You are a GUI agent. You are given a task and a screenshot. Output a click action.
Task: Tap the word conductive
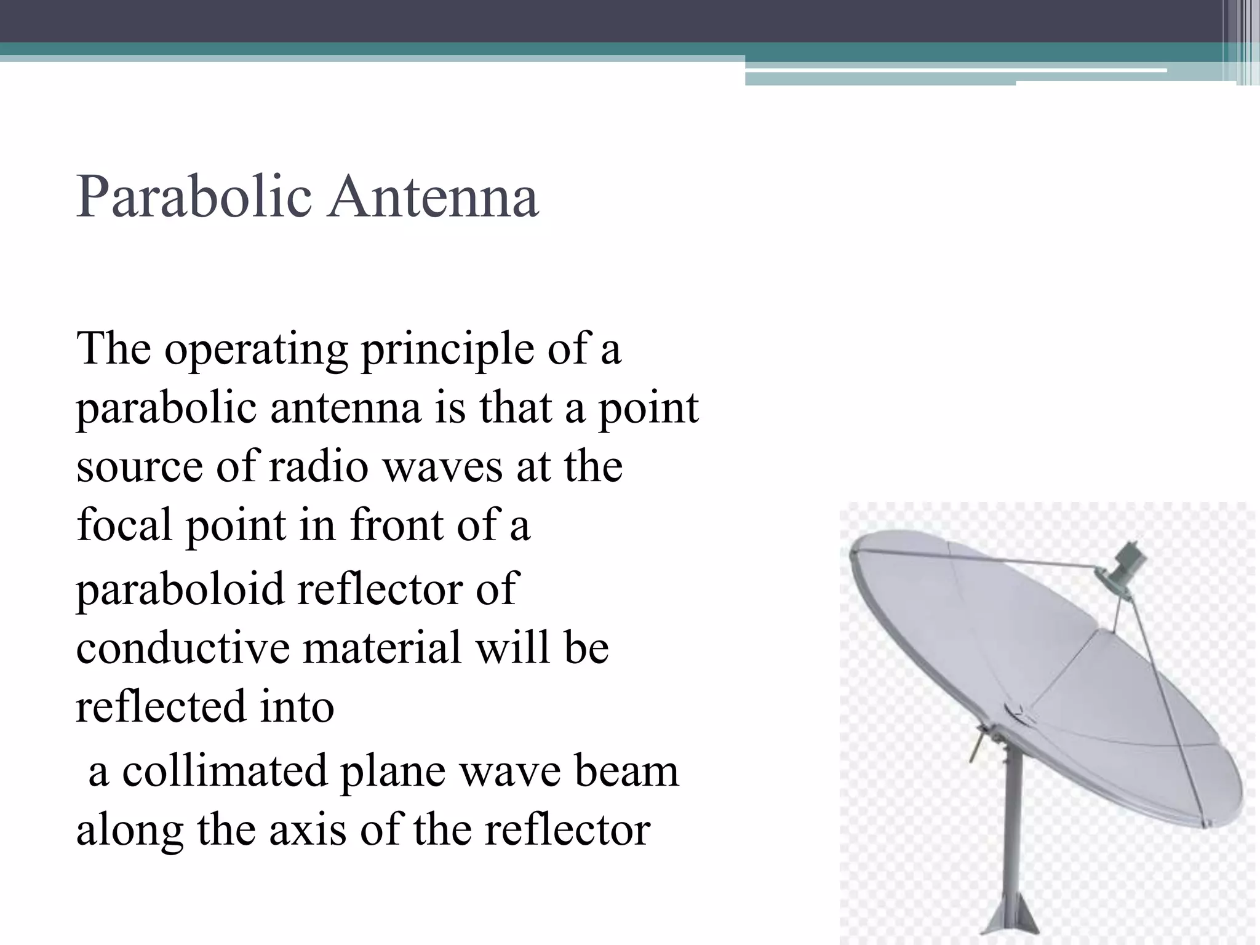coord(183,648)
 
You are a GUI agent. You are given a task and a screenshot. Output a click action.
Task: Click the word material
coord(381,648)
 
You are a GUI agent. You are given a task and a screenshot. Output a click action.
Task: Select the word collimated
coord(225,772)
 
